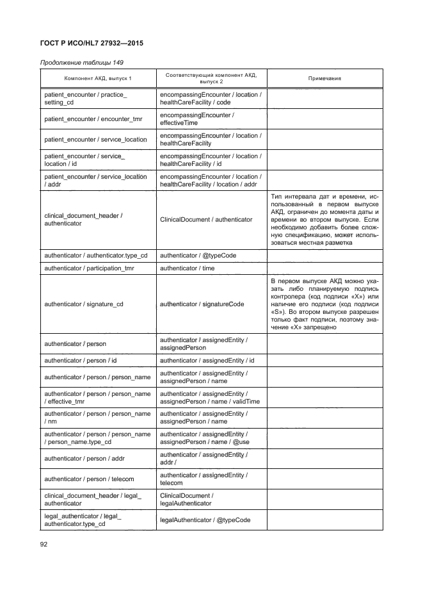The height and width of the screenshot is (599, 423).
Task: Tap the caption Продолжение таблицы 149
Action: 82,63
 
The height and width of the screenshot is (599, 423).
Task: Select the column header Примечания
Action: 324,78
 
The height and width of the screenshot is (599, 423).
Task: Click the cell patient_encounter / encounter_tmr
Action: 93,119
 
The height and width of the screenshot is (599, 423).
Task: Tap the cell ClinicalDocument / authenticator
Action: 206,220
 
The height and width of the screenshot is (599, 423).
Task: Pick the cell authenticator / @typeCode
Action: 198,256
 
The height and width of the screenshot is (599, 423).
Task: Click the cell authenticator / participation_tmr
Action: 93,268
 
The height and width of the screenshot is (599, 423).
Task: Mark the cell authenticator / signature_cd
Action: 84,304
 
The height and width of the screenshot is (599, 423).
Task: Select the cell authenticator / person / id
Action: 81,361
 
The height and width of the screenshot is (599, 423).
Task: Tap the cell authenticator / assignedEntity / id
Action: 207,361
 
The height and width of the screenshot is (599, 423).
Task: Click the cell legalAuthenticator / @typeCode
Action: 205,520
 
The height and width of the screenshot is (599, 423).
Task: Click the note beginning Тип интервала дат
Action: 324,219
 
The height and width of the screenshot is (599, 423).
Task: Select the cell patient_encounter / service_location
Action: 96,140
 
